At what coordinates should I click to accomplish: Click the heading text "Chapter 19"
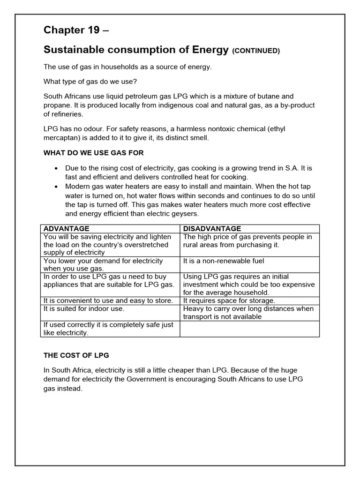point(71,30)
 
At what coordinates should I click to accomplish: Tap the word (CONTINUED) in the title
point(256,51)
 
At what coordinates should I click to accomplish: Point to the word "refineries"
point(69,114)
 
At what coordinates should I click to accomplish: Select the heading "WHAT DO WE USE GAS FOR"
point(94,153)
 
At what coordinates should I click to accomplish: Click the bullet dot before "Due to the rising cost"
point(56,168)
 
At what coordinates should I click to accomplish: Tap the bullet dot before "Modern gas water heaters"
point(56,186)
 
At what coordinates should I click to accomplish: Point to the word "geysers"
point(186,213)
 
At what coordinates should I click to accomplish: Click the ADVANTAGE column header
point(66,229)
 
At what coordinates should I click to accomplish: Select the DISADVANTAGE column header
point(212,229)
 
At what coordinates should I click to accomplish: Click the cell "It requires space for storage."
point(229,300)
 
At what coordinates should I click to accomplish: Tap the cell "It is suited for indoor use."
point(84,309)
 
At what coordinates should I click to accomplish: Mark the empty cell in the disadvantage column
point(249,329)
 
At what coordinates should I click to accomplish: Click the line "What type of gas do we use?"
point(90,82)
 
